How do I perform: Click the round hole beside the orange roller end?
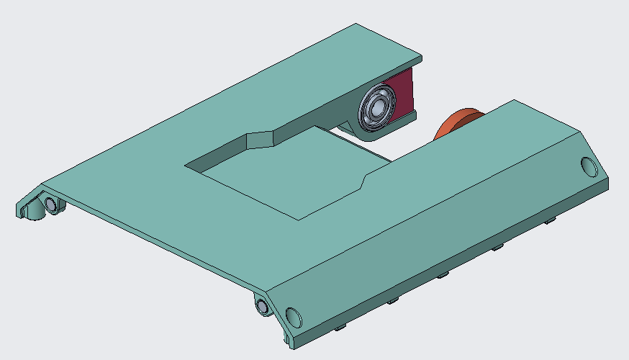pos(589,168)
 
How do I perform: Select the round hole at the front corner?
pos(293,317)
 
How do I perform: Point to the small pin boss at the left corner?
pos(51,204)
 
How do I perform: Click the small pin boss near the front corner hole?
pos(263,307)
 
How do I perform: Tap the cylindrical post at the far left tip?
pos(29,211)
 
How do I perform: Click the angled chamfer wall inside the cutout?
pos(261,140)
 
